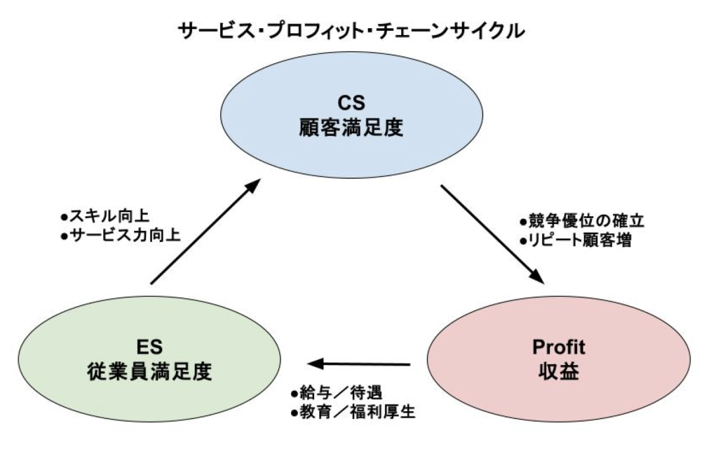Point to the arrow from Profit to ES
tap(358, 364)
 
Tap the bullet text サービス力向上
tap(120, 236)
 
